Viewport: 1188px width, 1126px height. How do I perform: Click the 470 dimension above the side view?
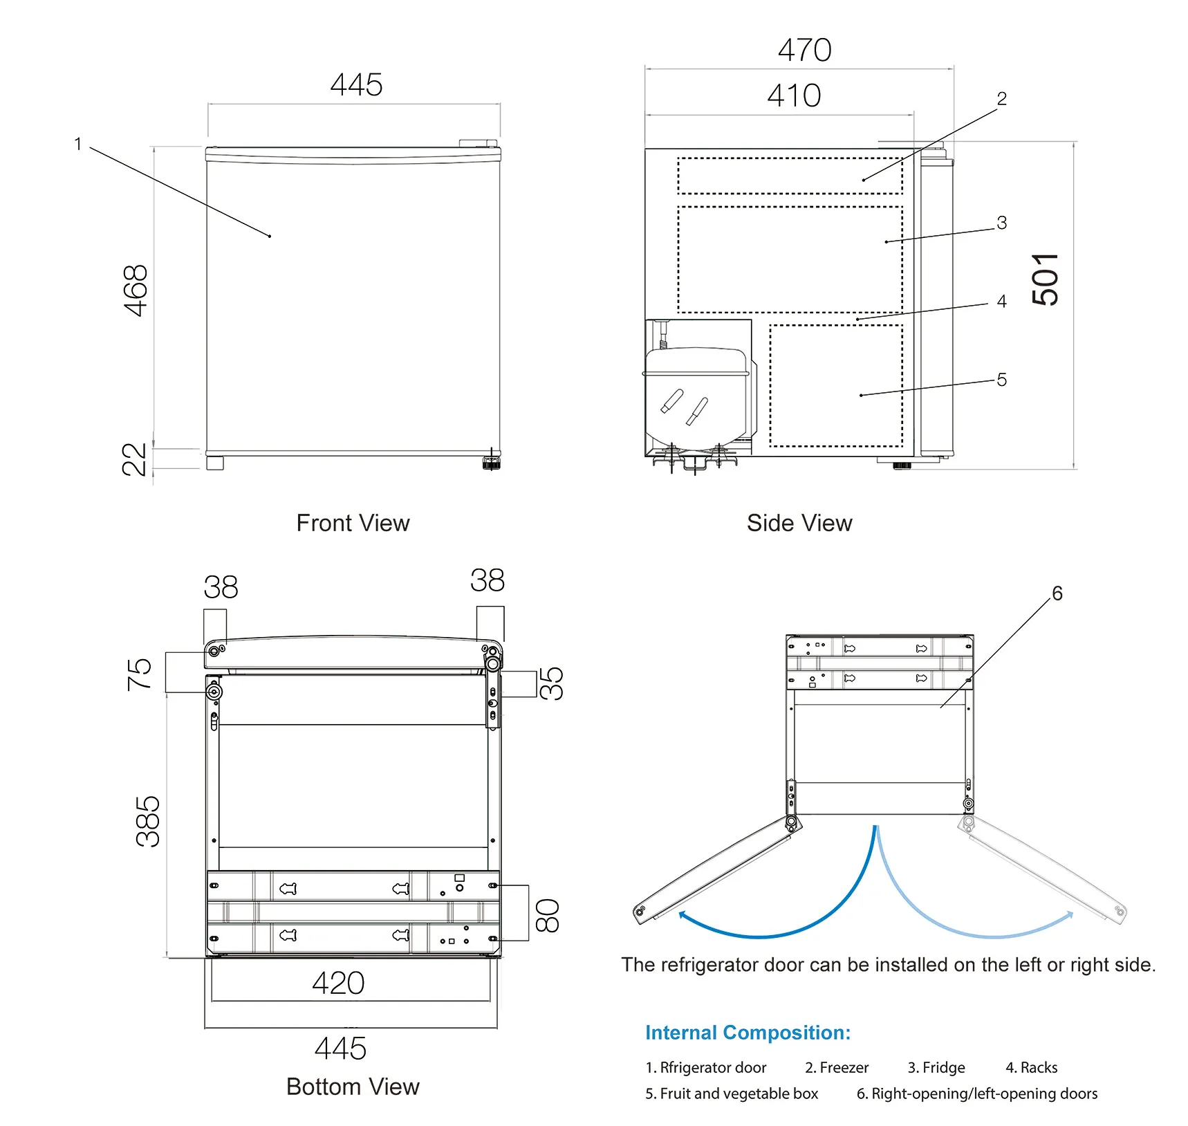coord(804,50)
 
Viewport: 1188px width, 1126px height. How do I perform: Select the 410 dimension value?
coord(794,95)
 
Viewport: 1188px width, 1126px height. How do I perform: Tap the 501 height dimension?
coord(1046,279)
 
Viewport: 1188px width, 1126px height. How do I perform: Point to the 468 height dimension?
coord(136,290)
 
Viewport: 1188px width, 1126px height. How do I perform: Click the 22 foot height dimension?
coord(135,459)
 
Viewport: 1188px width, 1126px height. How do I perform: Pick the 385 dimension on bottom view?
coord(148,822)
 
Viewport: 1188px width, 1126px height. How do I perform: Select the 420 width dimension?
coord(338,983)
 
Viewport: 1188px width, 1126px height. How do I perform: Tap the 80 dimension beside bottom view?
coord(548,915)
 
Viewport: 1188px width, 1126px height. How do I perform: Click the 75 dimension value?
coord(139,674)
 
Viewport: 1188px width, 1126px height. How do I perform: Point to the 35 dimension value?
coord(551,683)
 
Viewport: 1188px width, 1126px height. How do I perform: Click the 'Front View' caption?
coord(353,523)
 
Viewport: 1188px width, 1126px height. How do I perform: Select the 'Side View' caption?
coord(799,523)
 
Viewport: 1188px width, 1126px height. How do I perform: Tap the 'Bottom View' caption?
coord(353,1087)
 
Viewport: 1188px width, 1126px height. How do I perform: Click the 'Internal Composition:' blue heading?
coord(748,1033)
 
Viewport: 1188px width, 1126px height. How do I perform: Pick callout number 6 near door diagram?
coord(1057,593)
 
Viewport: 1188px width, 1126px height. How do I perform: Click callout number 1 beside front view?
coord(78,144)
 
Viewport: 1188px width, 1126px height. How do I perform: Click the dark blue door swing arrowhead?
coord(683,916)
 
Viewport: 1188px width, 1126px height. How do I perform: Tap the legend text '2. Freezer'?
coord(837,1067)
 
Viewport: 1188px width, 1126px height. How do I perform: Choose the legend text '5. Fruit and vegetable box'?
coord(732,1093)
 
